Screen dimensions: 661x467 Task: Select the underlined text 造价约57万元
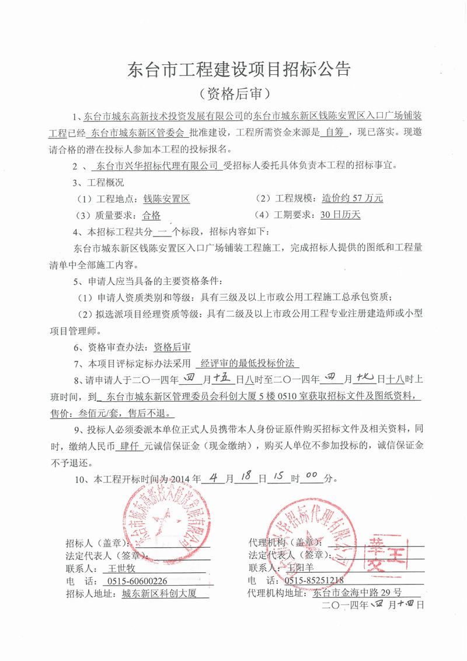(353, 197)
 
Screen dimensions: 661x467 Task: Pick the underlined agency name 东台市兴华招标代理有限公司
(159, 165)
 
